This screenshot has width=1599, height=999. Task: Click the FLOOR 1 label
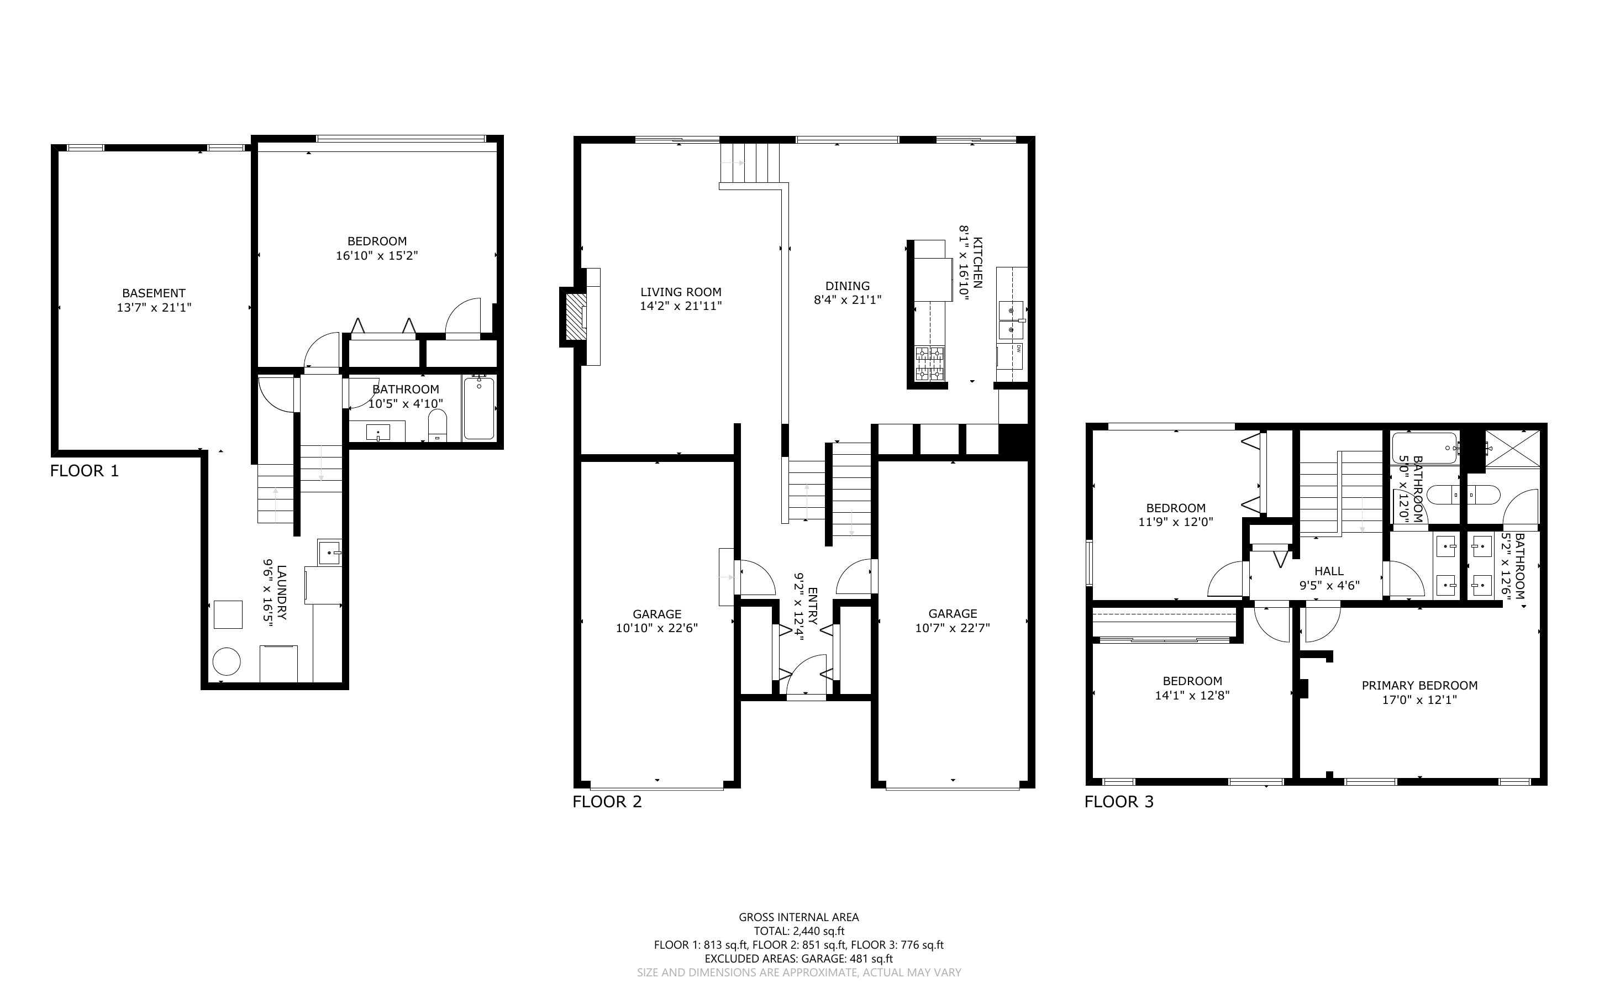point(85,471)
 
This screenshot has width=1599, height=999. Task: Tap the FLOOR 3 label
point(1119,802)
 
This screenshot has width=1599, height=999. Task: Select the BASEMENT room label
point(154,293)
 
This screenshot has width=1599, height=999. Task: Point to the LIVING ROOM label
point(681,292)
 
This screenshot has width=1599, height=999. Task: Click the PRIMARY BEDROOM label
point(1419,686)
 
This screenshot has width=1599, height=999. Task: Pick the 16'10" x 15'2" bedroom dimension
point(377,256)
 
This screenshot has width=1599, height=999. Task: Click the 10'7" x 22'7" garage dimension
point(953,628)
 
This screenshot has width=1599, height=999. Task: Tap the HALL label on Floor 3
point(1329,571)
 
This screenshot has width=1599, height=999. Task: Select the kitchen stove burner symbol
point(930,364)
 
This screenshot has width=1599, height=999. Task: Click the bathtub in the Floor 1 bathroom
point(479,408)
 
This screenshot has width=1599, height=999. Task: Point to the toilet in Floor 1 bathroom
point(437,425)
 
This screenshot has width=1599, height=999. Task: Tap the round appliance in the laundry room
point(226,661)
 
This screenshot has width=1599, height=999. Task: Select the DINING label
point(848,286)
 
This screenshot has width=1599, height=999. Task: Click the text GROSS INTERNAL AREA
point(798,917)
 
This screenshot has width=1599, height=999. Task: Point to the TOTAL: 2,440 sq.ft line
point(798,932)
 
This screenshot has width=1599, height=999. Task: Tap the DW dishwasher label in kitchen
point(1019,348)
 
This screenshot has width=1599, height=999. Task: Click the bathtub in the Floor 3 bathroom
point(1424,448)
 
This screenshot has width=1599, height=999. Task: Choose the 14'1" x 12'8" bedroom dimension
point(1192,696)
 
